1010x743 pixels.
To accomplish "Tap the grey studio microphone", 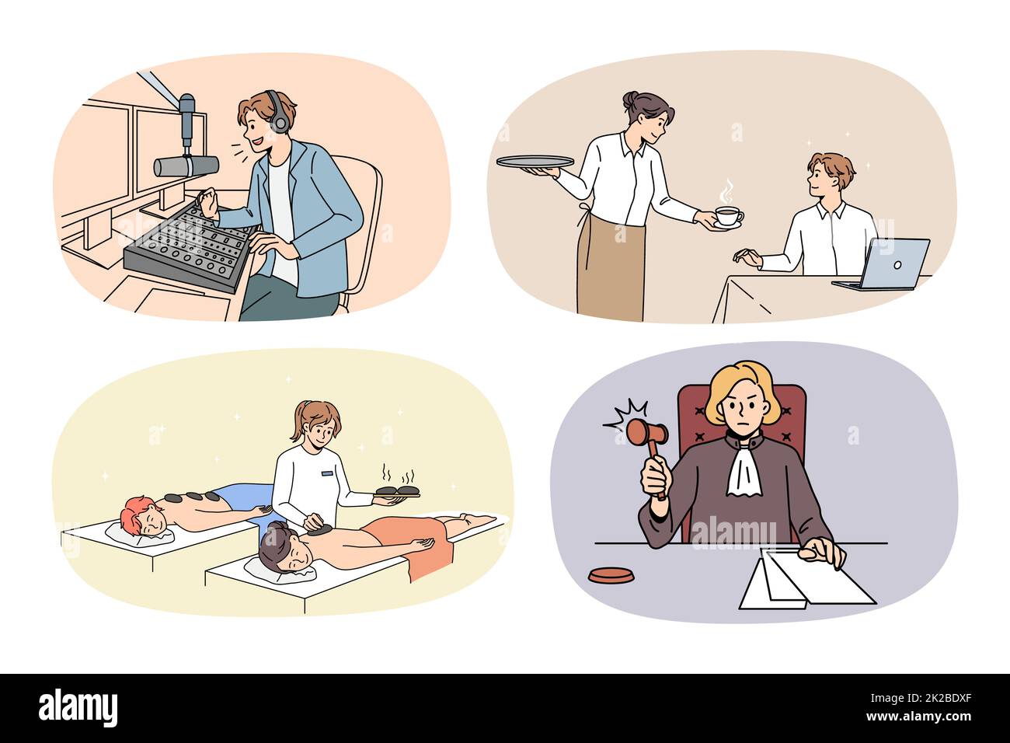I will click(x=186, y=165).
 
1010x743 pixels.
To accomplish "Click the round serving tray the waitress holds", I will click(x=535, y=162).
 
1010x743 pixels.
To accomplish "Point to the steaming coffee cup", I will click(x=727, y=217).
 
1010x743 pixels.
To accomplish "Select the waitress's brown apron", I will click(x=610, y=269).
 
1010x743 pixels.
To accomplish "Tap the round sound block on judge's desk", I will click(x=610, y=577).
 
